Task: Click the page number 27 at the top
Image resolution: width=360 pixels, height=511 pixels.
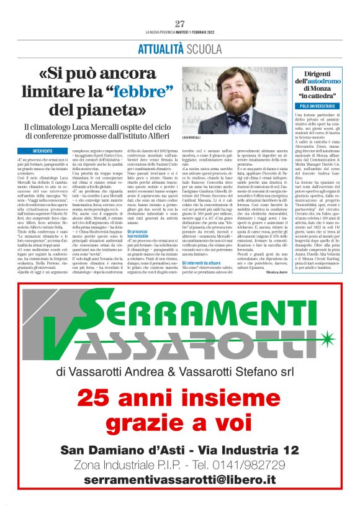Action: pyautogui.click(x=180, y=24)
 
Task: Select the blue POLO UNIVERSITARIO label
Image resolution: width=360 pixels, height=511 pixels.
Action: pyautogui.click(x=317, y=106)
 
